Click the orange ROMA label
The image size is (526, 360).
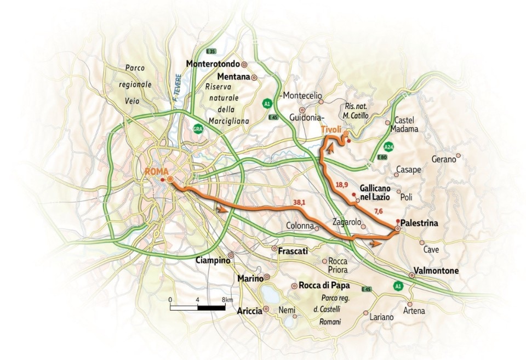156,172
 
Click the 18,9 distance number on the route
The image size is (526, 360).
341,185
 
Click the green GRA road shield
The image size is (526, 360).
198,129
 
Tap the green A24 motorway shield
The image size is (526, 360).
389,146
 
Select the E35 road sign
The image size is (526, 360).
210,52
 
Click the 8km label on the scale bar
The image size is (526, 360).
228,300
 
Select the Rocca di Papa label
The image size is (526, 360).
324,285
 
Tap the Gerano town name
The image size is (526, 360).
444,159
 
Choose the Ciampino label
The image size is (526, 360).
211,260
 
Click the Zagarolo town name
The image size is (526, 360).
347,222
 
